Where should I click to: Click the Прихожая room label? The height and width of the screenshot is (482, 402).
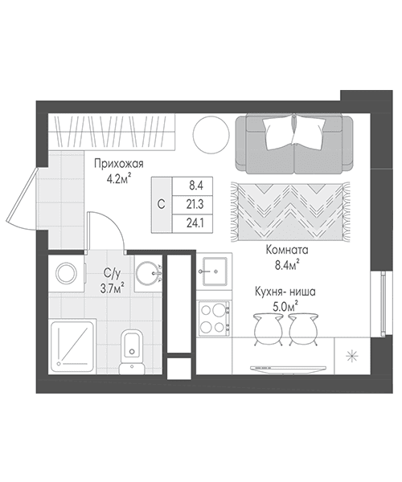point(119,164)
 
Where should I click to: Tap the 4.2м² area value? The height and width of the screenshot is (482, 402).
point(119,178)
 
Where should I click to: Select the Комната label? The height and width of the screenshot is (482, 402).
point(287,250)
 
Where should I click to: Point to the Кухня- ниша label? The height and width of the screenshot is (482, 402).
point(285,292)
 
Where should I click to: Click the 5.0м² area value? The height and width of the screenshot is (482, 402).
point(285,306)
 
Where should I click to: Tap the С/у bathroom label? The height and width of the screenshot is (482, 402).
point(111,272)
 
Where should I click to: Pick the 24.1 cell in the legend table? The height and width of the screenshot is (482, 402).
point(195,223)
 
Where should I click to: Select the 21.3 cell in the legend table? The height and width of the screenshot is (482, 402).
point(195,204)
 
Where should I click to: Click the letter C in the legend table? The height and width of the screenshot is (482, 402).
point(161,204)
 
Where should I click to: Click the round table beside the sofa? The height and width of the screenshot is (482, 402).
point(211,134)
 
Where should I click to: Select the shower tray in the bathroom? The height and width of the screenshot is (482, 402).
point(72,346)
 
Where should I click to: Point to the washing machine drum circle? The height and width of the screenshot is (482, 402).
point(66,273)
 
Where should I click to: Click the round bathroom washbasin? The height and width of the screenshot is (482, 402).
point(147,273)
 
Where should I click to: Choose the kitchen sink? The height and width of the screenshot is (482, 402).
point(215,272)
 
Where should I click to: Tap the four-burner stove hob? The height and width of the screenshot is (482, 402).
point(214,318)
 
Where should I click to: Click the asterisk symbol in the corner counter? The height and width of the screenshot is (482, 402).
point(352,356)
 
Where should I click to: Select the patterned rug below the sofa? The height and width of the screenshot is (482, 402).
point(290,212)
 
